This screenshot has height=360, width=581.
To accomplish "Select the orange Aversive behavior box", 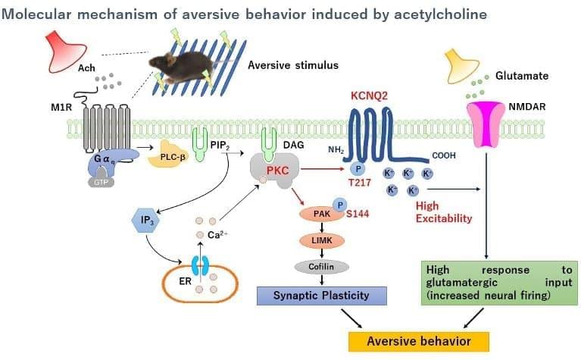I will tap(418, 340).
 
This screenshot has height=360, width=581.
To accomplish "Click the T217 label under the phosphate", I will tap(360, 183).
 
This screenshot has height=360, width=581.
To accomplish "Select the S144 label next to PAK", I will tap(357, 215).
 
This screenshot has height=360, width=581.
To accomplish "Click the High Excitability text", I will tap(443, 212).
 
